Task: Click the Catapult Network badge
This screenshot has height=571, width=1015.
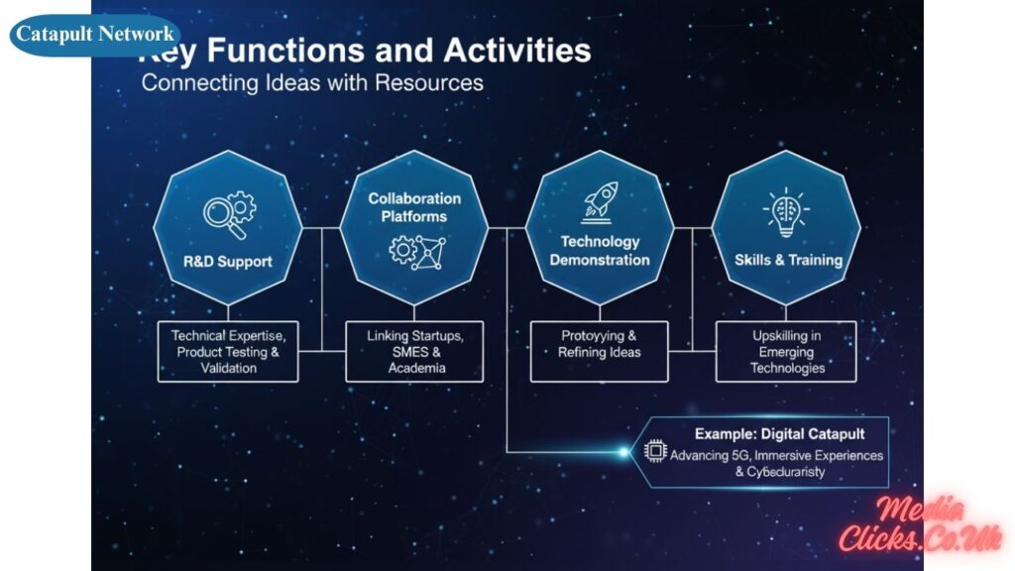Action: pos(95,35)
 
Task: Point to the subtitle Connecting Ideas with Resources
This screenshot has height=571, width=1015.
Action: pos(312,82)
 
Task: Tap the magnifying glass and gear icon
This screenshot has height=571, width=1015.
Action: pos(229,216)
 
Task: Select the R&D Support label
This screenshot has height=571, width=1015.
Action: pos(227,262)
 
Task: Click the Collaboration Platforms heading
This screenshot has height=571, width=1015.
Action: pos(414,207)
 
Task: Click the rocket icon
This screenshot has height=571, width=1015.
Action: pos(600,201)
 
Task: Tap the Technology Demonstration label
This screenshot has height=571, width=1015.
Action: pos(600,251)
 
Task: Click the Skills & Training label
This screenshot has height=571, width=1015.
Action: pos(788,260)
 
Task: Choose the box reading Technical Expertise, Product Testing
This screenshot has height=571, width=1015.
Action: pos(228,352)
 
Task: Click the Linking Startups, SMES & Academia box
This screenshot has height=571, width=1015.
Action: pos(414,352)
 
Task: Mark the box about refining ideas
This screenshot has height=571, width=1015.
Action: pos(600,345)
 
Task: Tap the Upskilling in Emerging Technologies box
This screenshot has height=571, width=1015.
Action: pos(787,352)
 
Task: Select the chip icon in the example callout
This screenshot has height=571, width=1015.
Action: pos(655,451)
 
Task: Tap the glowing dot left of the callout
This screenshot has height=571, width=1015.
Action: pos(623,452)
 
